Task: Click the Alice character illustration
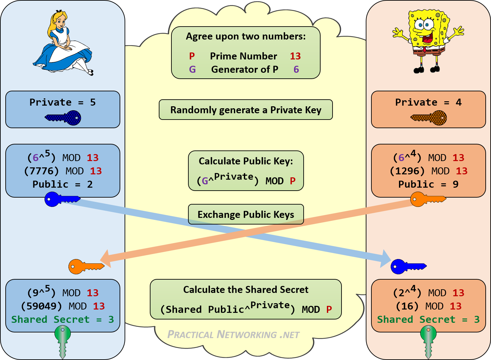[63, 43]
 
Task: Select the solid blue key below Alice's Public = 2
[62, 200]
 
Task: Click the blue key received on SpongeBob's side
[408, 266]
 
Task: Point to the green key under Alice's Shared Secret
[62, 340]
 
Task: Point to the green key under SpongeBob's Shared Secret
[428, 340]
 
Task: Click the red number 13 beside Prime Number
[295, 56]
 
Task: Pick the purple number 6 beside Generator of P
[296, 69]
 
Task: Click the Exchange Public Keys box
[246, 215]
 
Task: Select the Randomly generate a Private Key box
[246, 110]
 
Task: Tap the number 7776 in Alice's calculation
[41, 171]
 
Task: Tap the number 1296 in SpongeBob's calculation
[407, 171]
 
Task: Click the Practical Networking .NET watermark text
[233, 334]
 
